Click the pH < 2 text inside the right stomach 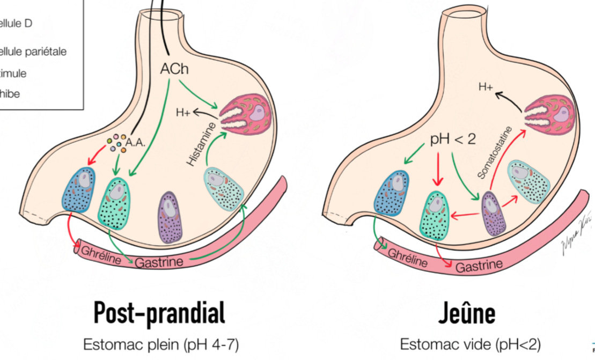tap(453, 139)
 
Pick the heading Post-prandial tap(159, 314)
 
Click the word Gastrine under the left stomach tap(162, 262)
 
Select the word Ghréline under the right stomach tap(406, 258)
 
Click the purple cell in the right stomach tap(494, 214)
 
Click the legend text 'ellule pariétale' tap(33, 52)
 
